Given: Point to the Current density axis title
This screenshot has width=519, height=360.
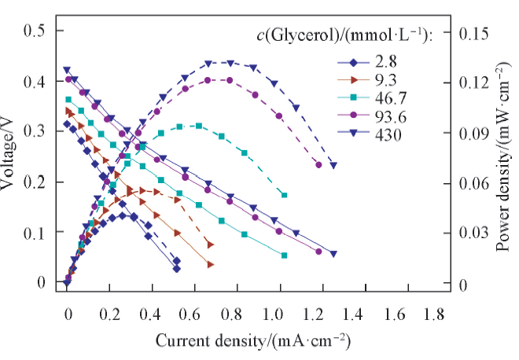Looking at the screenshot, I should point(252,342).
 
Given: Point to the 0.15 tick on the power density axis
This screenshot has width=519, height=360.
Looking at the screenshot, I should point(479,34).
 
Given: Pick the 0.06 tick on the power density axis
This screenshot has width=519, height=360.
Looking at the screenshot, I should point(479,183).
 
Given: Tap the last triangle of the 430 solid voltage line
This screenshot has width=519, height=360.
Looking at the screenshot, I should point(333,254).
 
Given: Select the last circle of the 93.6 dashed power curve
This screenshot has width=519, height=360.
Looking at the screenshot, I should point(318,164).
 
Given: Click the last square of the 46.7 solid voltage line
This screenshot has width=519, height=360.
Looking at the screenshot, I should point(285,255).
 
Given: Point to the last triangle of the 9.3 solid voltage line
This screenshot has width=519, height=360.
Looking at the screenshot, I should point(210,265).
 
